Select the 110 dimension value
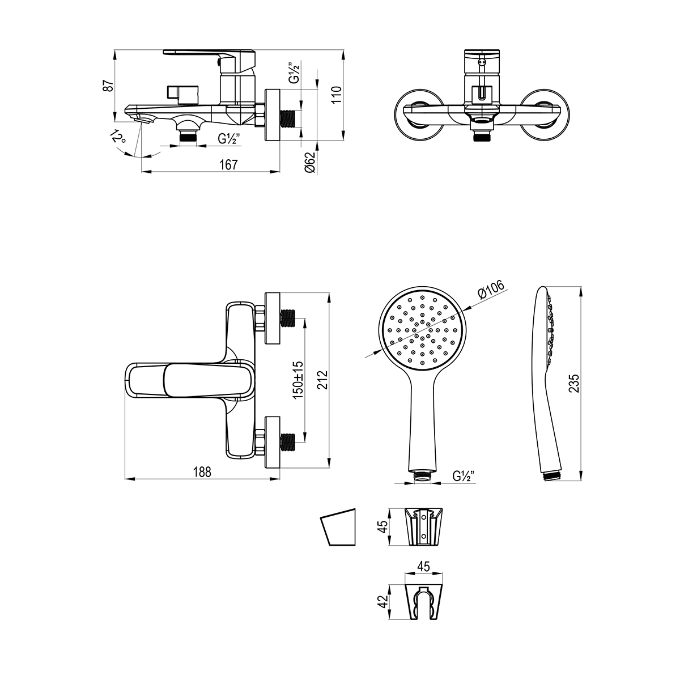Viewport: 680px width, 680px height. tap(337, 95)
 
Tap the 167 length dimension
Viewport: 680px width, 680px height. tap(229, 165)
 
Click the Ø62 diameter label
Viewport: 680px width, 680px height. tap(309, 162)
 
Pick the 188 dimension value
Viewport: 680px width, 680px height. tap(202, 472)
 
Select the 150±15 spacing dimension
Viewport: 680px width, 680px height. tap(298, 380)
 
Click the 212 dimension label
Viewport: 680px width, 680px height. tap(322, 380)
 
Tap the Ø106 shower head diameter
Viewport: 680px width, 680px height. tap(491, 291)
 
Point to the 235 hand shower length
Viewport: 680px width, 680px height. tap(574, 383)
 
